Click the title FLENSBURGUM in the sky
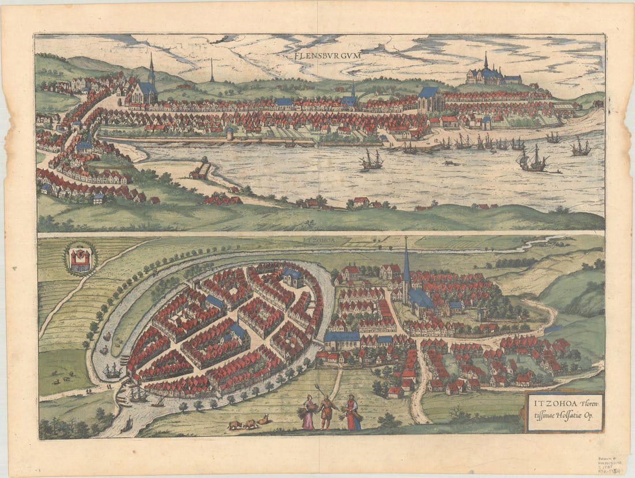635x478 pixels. point(327,55)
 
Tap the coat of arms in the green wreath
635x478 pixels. point(80,259)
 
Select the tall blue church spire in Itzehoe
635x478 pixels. point(406,266)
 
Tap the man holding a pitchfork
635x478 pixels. point(327,410)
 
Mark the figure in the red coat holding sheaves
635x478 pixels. point(352,413)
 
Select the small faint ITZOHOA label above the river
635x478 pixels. point(319,238)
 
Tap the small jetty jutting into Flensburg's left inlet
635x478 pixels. point(199,170)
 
